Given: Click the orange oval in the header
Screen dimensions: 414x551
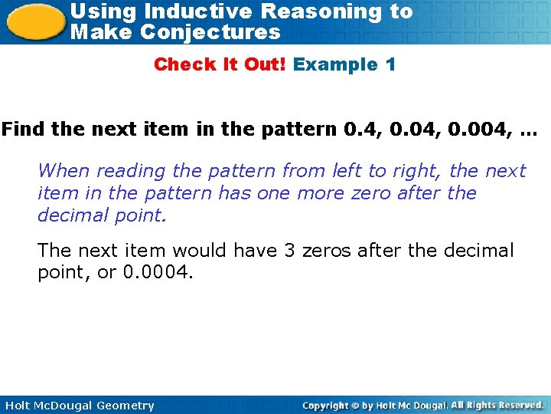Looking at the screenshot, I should [x=34, y=21].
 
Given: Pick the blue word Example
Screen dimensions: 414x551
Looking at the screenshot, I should [x=334, y=64].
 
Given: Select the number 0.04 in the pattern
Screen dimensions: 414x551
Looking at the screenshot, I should [x=404, y=129].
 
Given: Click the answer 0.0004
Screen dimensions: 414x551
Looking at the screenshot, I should [x=158, y=273].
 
